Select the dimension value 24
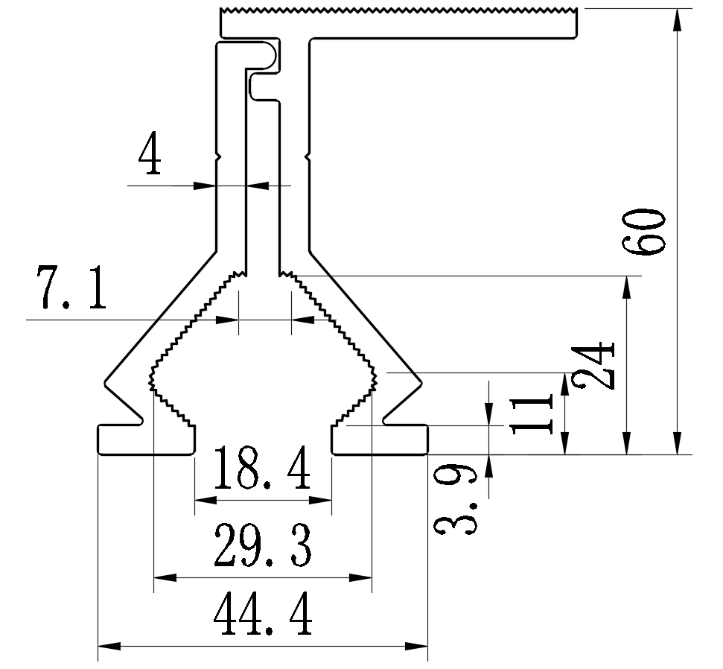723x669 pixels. click(x=598, y=365)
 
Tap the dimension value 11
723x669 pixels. click(x=533, y=414)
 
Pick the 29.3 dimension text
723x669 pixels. click(x=262, y=546)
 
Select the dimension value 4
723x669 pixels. click(x=150, y=155)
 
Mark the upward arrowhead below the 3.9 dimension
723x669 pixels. click(x=489, y=466)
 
